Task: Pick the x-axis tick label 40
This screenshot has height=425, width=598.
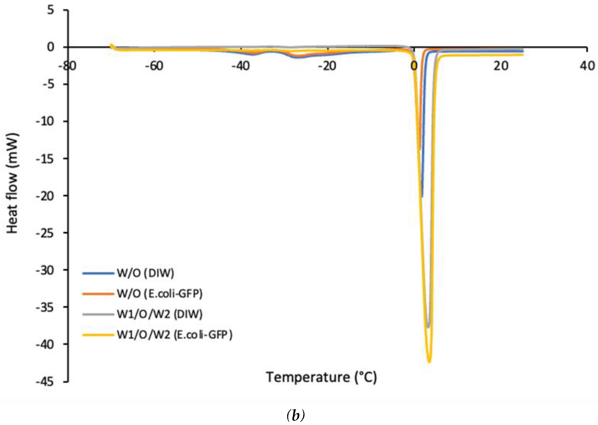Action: (x=587, y=66)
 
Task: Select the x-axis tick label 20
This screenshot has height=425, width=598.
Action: (x=501, y=66)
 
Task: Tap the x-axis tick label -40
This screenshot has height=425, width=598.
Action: (x=241, y=66)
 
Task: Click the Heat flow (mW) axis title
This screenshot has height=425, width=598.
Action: (x=12, y=183)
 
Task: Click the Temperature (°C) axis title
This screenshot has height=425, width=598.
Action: (x=322, y=377)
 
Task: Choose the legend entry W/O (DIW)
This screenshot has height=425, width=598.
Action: (x=145, y=273)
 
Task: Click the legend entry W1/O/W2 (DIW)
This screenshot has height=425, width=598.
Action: (x=160, y=314)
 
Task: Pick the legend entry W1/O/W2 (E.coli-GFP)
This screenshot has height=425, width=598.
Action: (x=175, y=335)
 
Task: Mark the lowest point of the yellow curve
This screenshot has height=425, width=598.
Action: (x=429, y=362)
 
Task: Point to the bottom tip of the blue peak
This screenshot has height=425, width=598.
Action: (x=422, y=197)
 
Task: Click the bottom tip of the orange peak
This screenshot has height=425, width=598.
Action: (x=420, y=150)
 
